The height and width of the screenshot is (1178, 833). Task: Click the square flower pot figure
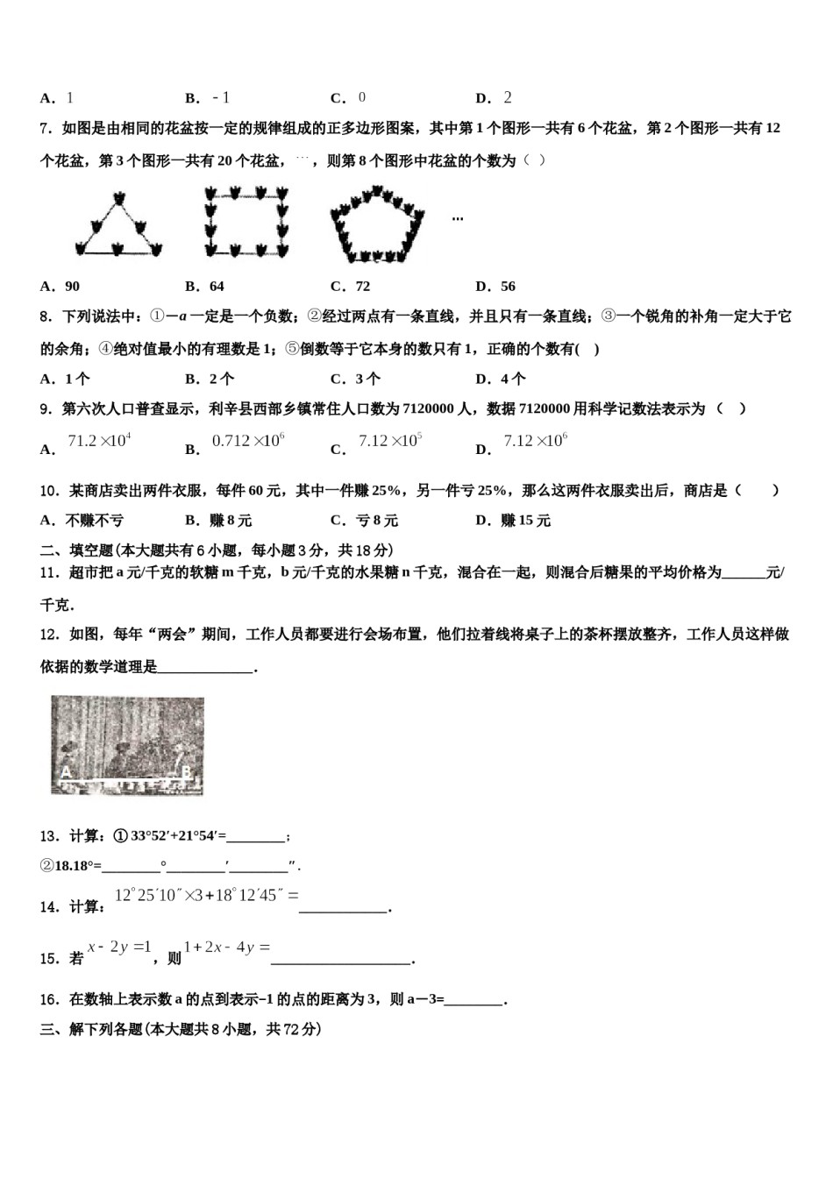[246, 222]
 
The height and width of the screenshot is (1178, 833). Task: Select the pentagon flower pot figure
[377, 224]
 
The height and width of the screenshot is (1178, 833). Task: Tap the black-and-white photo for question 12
[127, 745]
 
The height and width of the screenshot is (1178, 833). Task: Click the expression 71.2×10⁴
[99, 441]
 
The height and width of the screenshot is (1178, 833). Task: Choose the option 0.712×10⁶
[248, 441]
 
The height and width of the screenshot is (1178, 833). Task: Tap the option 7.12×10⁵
[390, 441]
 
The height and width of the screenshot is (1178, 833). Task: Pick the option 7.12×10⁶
[535, 441]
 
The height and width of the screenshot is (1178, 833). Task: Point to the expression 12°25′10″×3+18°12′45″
[207, 896]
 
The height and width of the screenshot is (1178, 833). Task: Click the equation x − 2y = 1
[120, 947]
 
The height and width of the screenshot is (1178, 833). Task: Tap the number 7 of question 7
[45, 129]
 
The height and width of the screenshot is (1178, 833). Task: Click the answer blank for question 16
[474, 1000]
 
